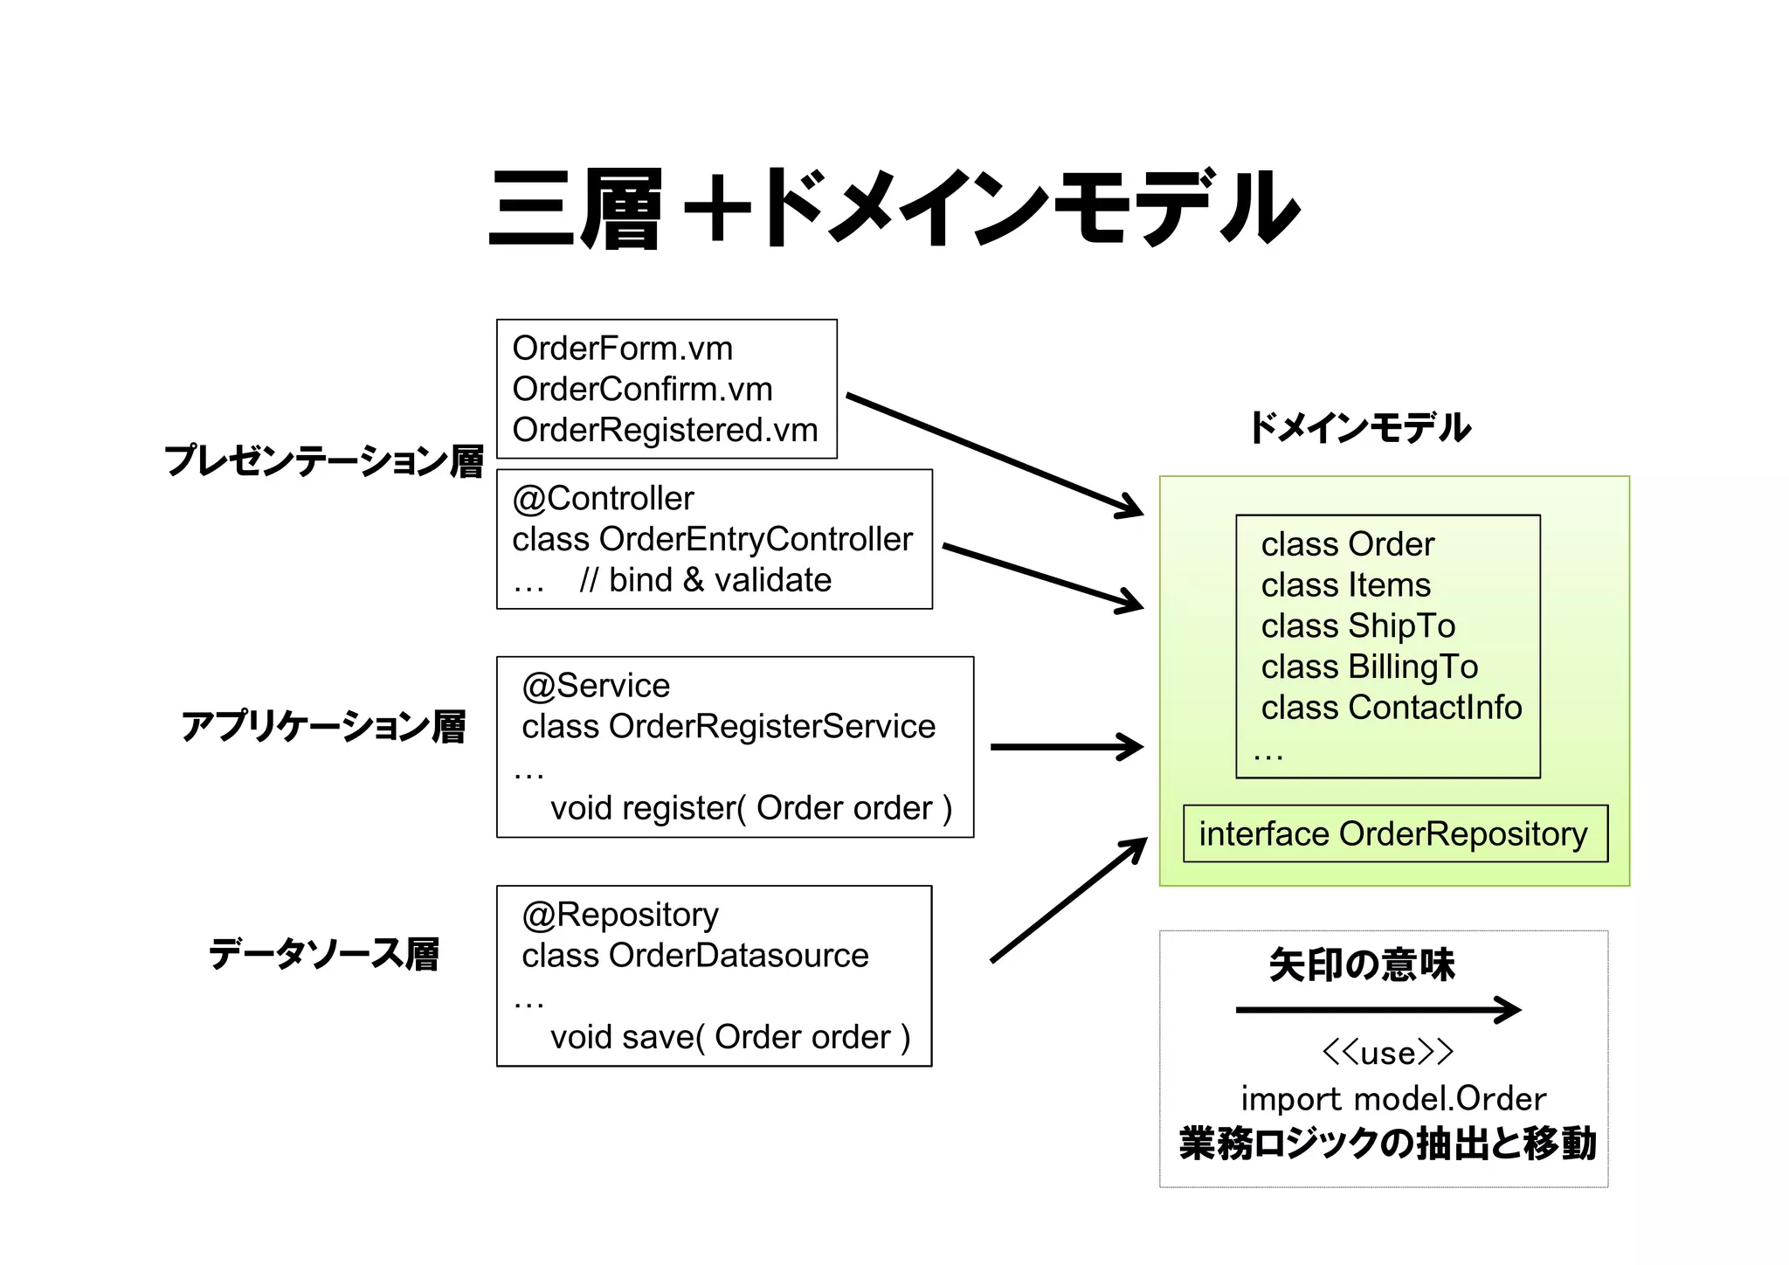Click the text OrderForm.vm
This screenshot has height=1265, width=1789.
(x=622, y=349)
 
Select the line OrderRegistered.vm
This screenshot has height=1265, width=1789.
(x=665, y=430)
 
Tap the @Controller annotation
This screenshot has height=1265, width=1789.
(x=603, y=498)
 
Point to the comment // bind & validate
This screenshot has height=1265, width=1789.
(x=705, y=580)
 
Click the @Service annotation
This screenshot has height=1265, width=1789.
(x=596, y=685)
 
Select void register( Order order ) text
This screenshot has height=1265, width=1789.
(x=750, y=808)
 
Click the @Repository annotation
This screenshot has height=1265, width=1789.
(x=620, y=915)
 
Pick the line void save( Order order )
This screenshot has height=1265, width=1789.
(x=729, y=1037)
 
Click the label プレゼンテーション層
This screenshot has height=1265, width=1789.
(x=323, y=460)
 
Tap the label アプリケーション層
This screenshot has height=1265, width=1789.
(x=323, y=726)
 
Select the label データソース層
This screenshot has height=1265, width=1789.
(x=323, y=953)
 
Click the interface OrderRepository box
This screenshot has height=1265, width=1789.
(x=1394, y=833)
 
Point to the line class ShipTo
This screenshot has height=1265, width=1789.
(x=1357, y=626)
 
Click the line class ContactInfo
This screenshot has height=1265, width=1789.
(x=1391, y=708)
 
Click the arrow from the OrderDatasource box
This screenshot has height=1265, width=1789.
(x=1067, y=901)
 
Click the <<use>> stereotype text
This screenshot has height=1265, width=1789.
(x=1387, y=1053)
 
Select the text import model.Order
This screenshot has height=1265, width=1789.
(x=1392, y=1099)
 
